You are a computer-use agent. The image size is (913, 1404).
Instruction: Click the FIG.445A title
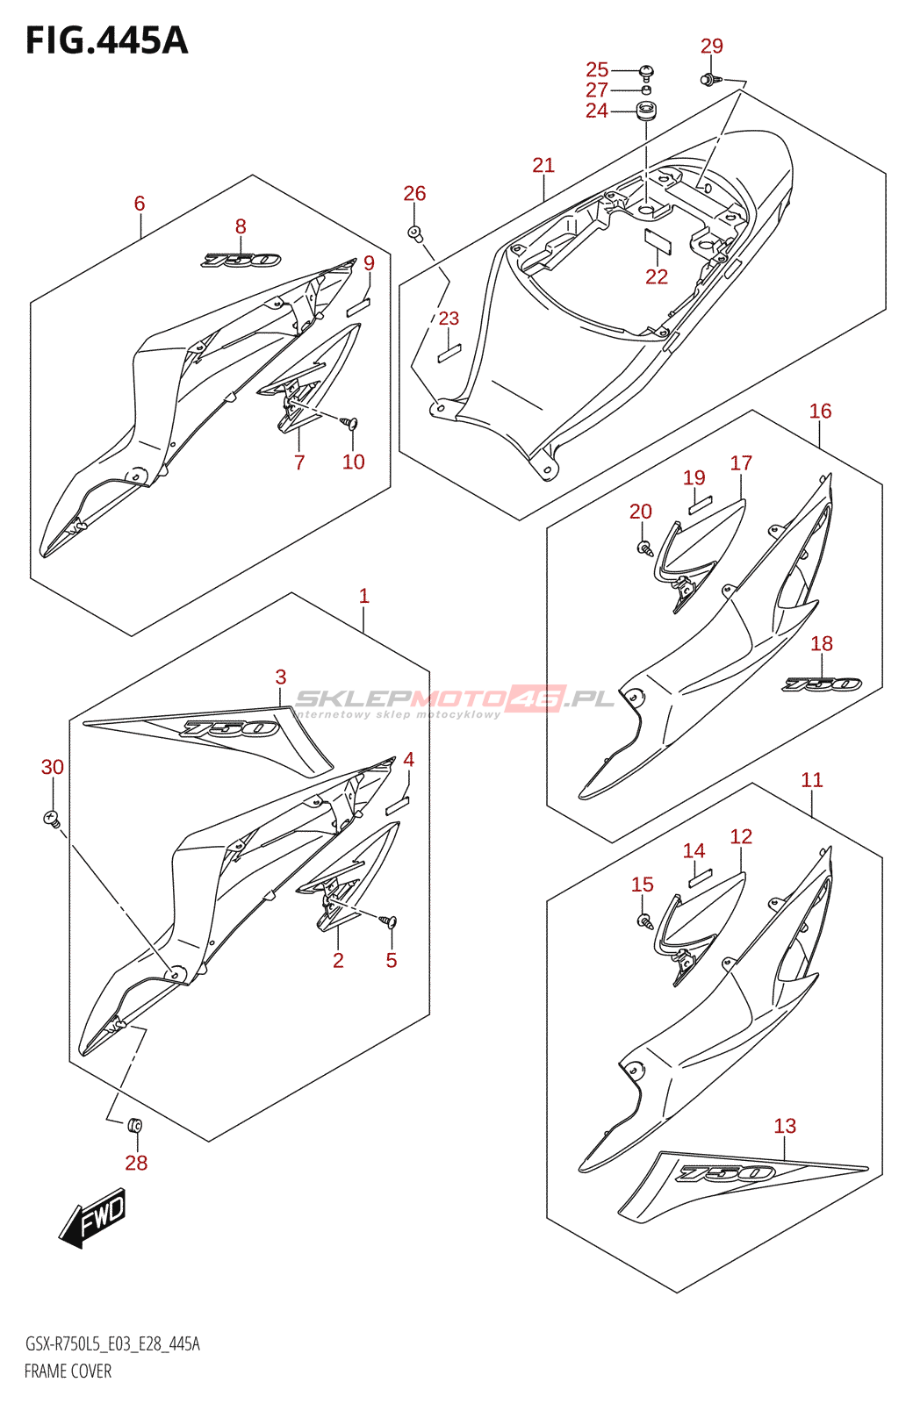(x=106, y=40)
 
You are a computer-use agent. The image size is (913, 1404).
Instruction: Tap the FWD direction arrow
(x=93, y=1218)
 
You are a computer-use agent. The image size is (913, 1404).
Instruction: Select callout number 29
(x=711, y=46)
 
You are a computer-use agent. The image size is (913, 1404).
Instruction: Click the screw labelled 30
(x=52, y=819)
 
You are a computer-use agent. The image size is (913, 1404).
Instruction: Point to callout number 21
(x=543, y=165)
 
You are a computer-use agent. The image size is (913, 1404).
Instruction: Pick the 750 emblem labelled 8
(x=241, y=260)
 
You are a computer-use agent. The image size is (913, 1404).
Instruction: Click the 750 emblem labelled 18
(x=822, y=684)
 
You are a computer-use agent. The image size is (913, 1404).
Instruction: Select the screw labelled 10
(x=352, y=423)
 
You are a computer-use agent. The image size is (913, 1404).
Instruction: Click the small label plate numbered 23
(x=449, y=353)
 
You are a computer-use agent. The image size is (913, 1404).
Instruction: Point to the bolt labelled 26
(x=415, y=233)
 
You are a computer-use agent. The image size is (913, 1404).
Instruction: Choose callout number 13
(x=785, y=1126)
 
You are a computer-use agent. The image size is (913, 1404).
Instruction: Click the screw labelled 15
(x=645, y=920)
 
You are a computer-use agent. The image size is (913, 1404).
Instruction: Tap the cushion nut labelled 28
(x=135, y=1126)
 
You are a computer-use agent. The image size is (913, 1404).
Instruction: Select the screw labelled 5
(x=389, y=920)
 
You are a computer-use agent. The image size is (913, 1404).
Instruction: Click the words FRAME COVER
(x=68, y=1371)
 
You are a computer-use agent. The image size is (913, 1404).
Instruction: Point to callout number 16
(x=820, y=411)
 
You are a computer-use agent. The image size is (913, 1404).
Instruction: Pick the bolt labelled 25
(x=647, y=70)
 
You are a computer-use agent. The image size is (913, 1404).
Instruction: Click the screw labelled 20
(x=643, y=548)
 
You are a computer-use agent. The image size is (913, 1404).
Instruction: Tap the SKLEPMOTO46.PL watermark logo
(x=455, y=700)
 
